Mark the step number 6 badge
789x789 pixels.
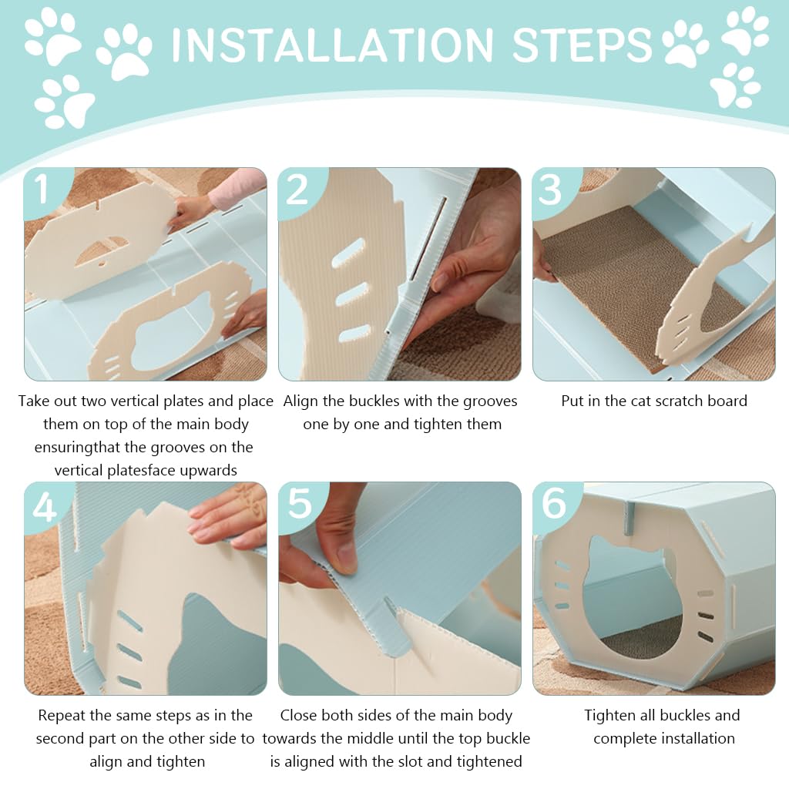(x=553, y=505)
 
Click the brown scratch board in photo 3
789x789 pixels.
(x=639, y=282)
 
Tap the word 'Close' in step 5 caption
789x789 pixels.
(x=298, y=715)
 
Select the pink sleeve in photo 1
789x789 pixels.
(x=237, y=187)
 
